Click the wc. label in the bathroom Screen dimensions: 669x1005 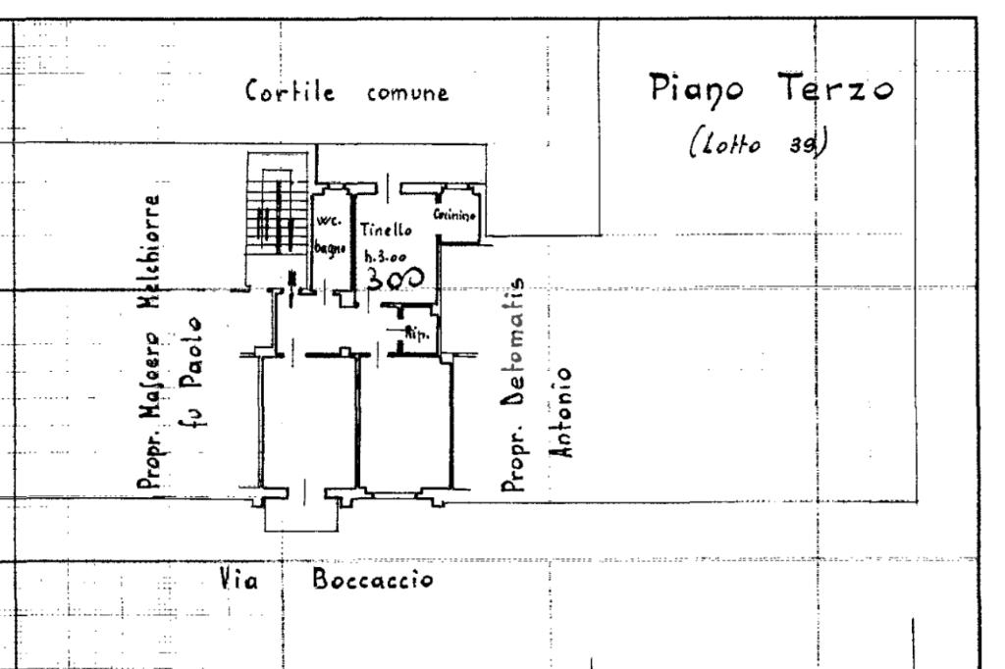click(326, 222)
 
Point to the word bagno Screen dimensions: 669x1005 click(327, 249)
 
